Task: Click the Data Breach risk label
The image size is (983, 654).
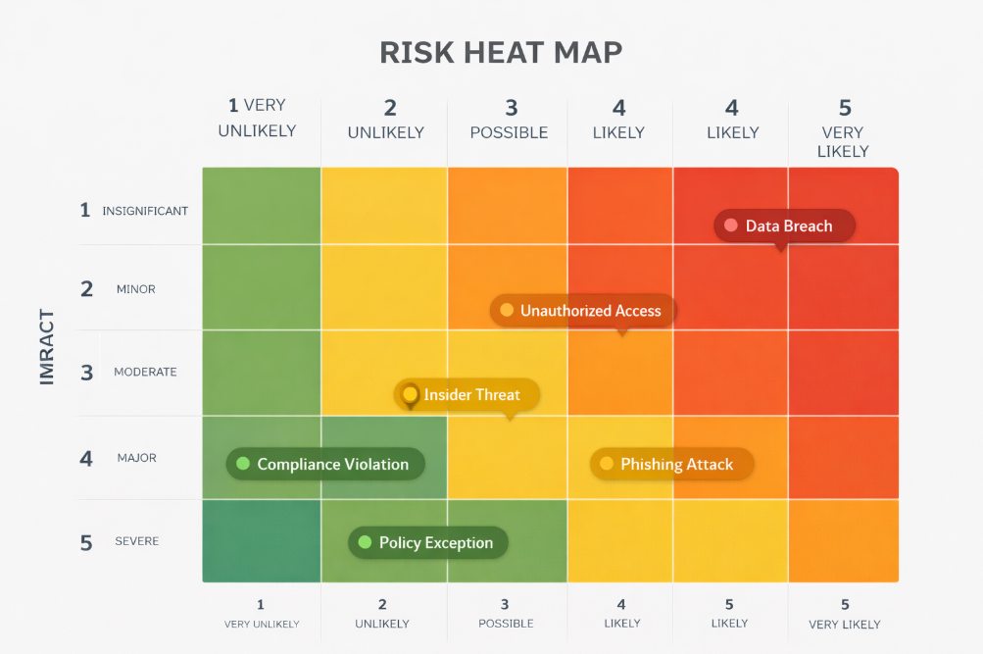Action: [x=788, y=226]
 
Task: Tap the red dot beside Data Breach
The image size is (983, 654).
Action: [x=730, y=226]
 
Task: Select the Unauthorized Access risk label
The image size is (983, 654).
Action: [x=590, y=311]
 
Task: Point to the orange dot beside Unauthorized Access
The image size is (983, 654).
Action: [x=507, y=311]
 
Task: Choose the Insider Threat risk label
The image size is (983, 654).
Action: [x=471, y=395]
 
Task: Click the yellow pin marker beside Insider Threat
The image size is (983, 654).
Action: [x=410, y=394]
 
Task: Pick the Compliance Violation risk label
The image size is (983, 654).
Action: [x=332, y=465]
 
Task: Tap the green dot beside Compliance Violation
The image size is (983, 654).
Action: [x=243, y=464]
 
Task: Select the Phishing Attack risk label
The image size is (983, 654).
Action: [x=676, y=465]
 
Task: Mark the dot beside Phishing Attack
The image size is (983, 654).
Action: [x=606, y=464]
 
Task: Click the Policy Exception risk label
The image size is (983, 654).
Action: [x=435, y=542]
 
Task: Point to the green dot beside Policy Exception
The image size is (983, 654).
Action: [x=365, y=542]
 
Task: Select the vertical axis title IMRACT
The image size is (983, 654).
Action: [x=47, y=347]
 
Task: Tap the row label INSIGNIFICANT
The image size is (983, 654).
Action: [x=145, y=211]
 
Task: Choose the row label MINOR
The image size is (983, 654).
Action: [x=135, y=289]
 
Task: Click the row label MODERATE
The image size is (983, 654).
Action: [x=145, y=372]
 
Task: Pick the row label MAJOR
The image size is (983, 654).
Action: [x=136, y=458]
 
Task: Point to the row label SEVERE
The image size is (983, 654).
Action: [x=136, y=541]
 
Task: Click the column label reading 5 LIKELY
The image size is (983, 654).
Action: [x=729, y=613]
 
